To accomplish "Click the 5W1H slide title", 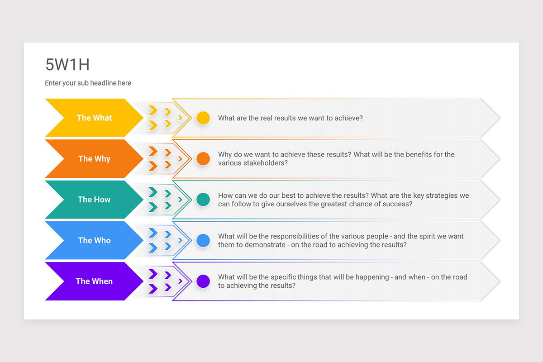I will click(x=67, y=65).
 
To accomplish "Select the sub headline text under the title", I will click(x=88, y=83).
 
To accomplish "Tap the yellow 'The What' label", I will click(x=94, y=118).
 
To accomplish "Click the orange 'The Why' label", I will click(x=94, y=158).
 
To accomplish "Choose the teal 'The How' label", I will click(x=94, y=200).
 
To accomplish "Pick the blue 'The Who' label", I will click(x=94, y=240).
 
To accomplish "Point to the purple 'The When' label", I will click(x=94, y=281).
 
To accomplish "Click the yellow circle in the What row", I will click(x=203, y=118).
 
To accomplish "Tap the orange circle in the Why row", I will click(x=203, y=159).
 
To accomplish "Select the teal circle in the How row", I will click(x=203, y=200).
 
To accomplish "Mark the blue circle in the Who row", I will click(x=203, y=240).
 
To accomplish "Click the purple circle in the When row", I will click(x=203, y=281).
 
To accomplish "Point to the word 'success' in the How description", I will click(x=398, y=204).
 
